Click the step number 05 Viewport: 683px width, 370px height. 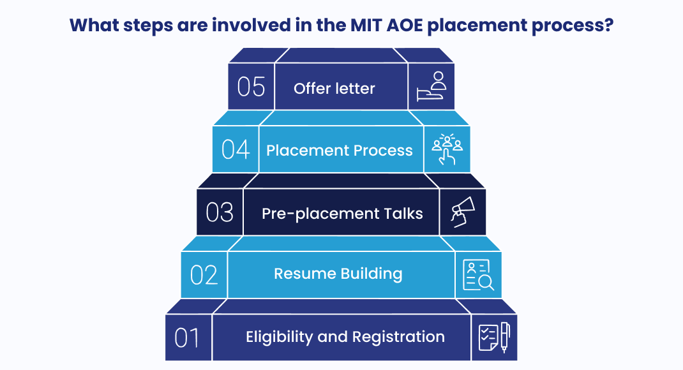click(251, 87)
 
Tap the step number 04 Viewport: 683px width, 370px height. click(236, 149)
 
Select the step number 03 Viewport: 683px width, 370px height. click(220, 212)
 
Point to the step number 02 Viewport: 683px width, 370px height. click(204, 274)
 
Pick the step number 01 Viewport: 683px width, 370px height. click(188, 337)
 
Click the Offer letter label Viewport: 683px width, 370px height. click(334, 88)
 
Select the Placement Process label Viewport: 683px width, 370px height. click(340, 151)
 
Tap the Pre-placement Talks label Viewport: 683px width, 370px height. click(342, 213)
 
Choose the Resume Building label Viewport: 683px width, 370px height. click(338, 274)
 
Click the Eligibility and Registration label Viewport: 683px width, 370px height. click(345, 337)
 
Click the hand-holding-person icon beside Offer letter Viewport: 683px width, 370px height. click(432, 87)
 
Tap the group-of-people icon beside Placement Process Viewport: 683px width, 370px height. click(447, 149)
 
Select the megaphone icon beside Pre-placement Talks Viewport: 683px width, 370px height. click(462, 212)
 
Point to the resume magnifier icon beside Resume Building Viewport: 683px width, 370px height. click(478, 275)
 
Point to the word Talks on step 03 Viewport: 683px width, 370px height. click(403, 213)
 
